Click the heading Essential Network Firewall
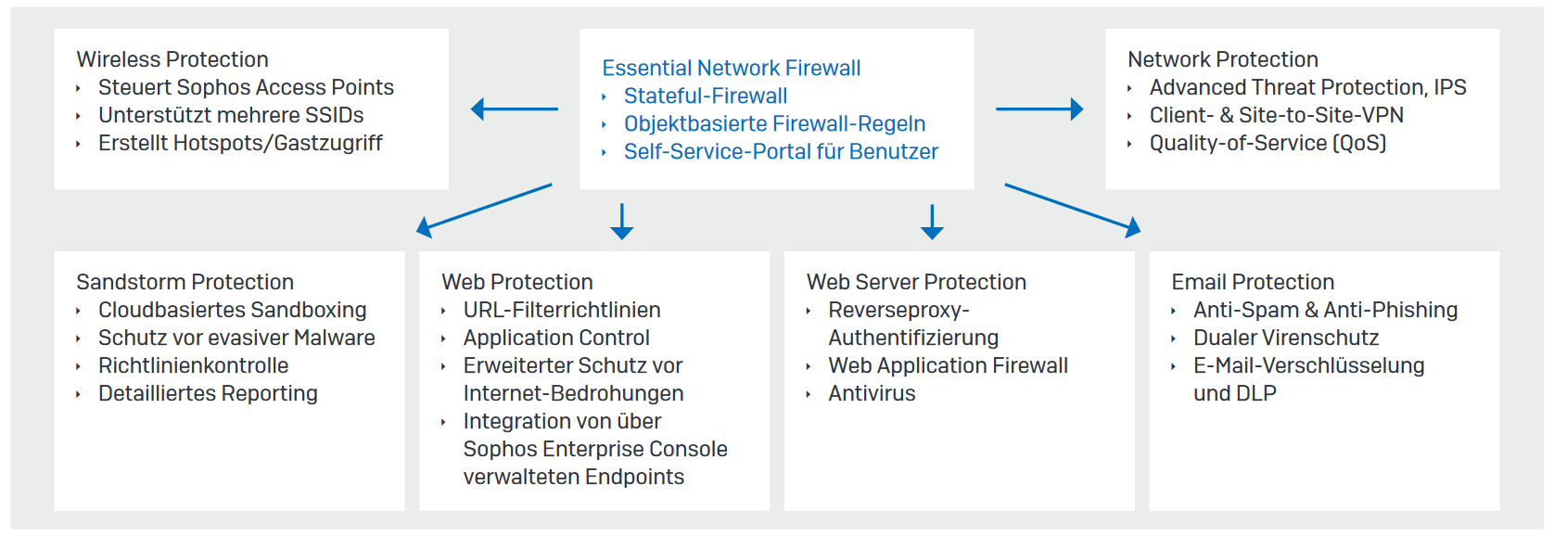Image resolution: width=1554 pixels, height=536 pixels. point(732,68)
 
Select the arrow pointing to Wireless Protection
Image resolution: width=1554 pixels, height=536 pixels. point(514,108)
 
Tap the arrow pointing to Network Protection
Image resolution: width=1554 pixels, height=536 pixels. point(1039,108)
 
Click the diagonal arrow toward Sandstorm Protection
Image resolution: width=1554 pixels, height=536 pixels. point(484,211)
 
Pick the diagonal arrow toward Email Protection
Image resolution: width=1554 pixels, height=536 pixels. point(1073,211)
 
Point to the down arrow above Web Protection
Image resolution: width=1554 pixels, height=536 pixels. point(621,222)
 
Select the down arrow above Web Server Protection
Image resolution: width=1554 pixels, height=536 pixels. point(932,222)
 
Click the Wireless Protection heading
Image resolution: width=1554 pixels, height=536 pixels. point(172,59)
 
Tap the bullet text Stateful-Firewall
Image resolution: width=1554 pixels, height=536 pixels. point(706,96)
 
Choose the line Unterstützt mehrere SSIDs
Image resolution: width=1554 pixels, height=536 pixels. point(231,115)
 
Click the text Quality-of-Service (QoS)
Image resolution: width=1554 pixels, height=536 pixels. point(1268,143)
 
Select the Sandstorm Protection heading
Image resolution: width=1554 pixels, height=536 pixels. point(185,282)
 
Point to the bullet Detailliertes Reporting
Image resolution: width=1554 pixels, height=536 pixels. point(208,393)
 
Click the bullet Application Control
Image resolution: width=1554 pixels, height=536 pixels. point(556,338)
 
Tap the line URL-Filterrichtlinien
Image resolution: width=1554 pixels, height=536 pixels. point(562,310)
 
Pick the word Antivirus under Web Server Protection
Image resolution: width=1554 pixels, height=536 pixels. point(873,393)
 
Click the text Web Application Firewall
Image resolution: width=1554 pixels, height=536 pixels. point(949,365)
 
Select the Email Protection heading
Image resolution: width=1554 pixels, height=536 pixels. point(1253,282)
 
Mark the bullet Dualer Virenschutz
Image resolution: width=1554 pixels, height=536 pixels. point(1286,338)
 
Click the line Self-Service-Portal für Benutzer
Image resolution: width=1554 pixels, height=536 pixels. point(781,151)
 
